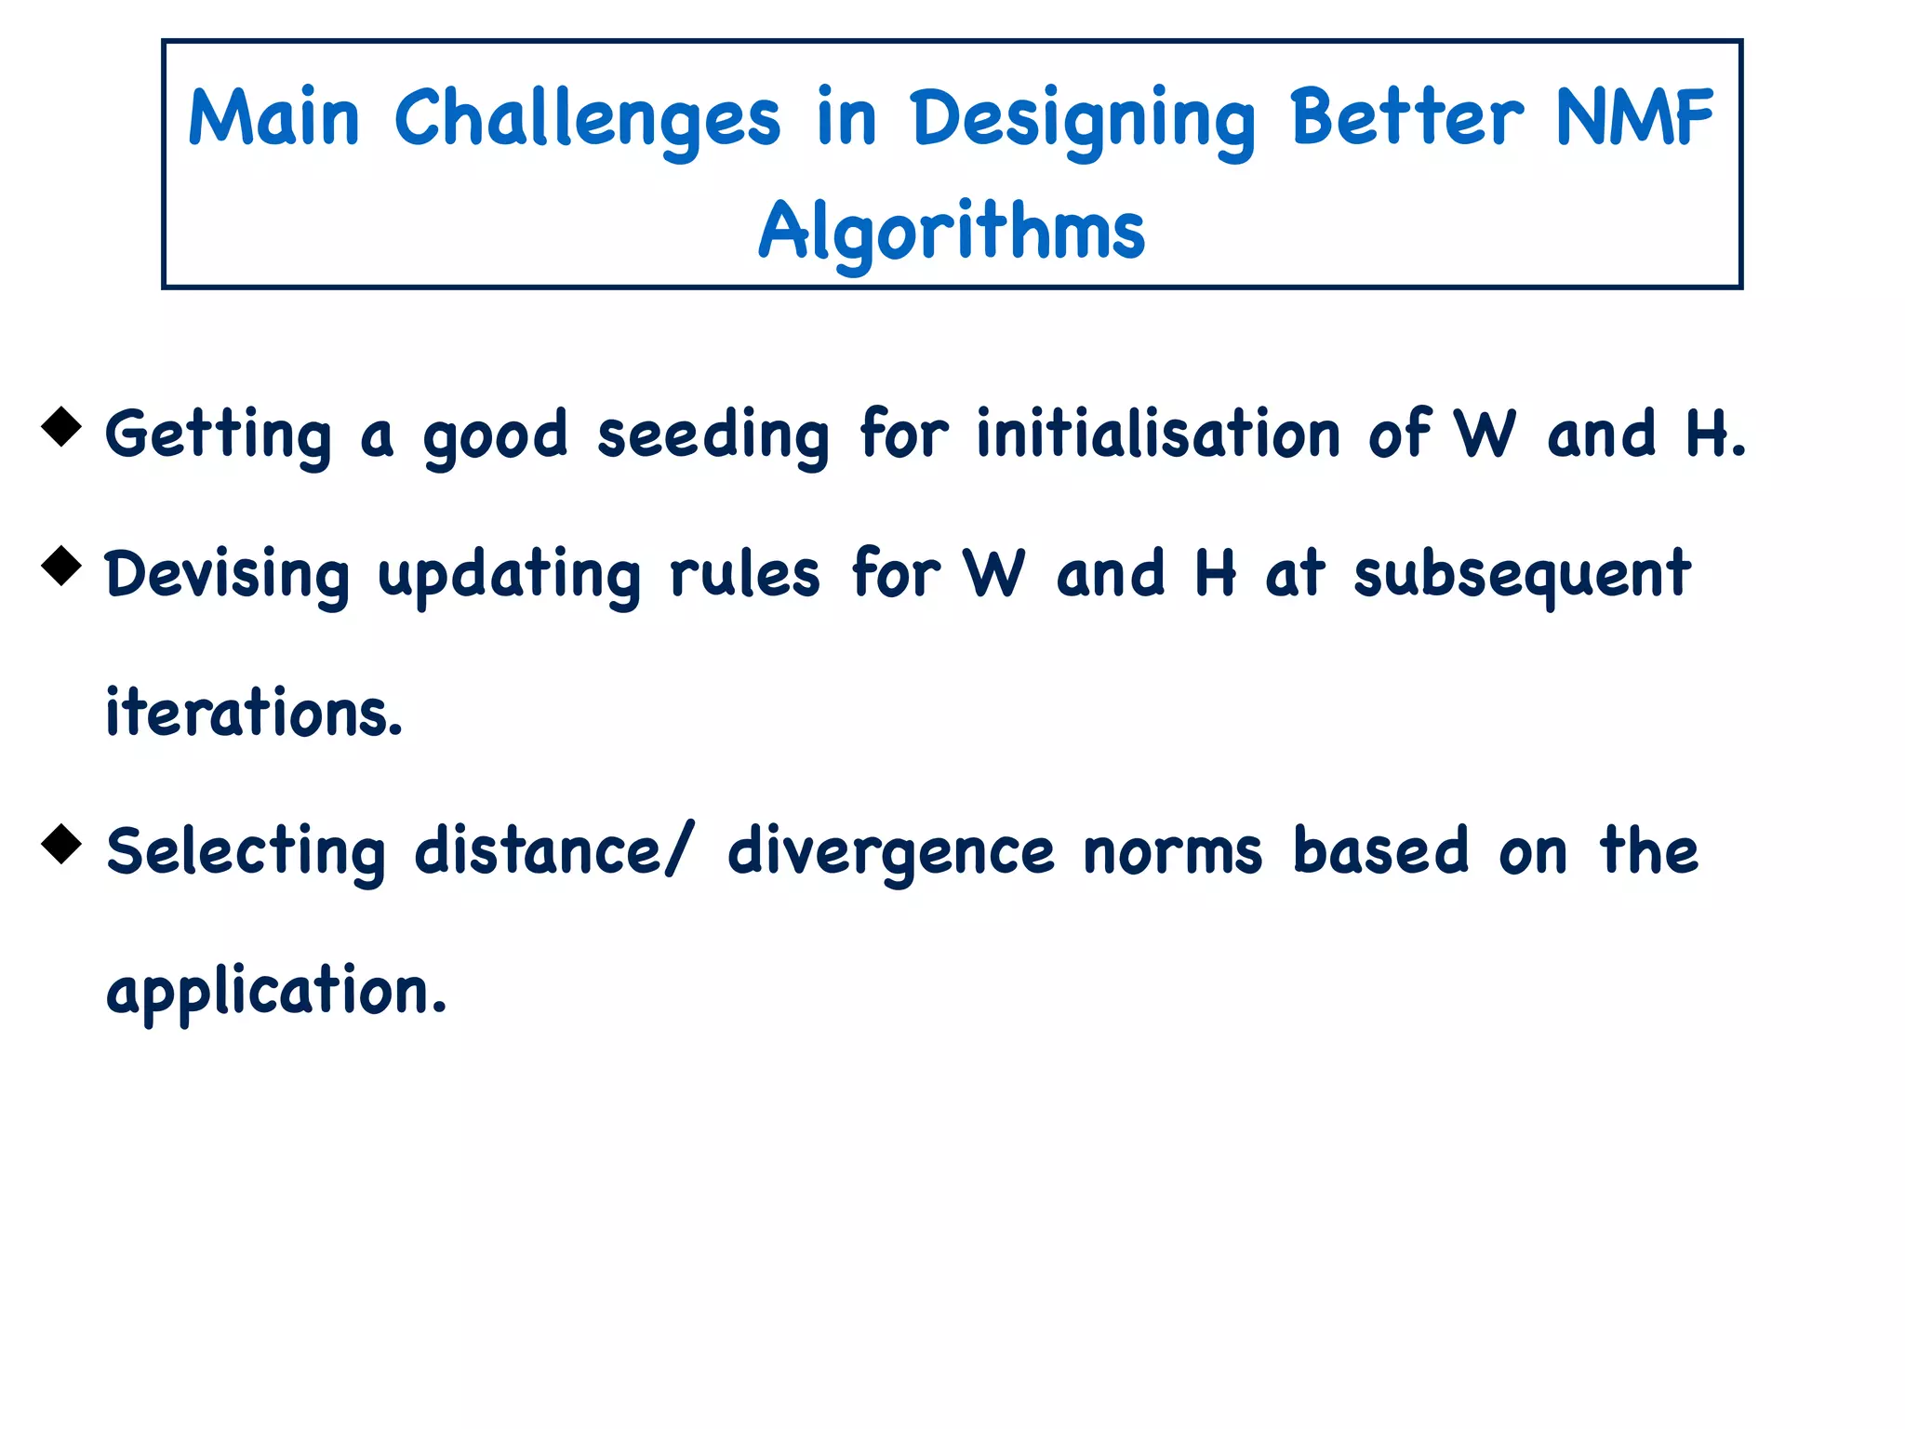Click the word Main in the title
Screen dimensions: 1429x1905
pos(273,118)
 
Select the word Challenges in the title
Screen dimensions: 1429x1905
pos(587,121)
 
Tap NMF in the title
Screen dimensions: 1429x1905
pos(1633,118)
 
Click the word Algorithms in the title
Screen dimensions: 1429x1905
pos(952,232)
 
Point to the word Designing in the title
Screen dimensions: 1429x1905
pos(1084,121)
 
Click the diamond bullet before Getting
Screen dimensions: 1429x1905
pos(62,426)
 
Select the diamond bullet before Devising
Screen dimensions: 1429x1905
pos(62,565)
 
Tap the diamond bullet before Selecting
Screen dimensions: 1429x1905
pos(62,843)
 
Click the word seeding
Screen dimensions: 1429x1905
pos(713,435)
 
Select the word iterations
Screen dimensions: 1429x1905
pos(254,713)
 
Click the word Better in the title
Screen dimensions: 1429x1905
pos(1406,118)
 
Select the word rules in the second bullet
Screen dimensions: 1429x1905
pos(744,574)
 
